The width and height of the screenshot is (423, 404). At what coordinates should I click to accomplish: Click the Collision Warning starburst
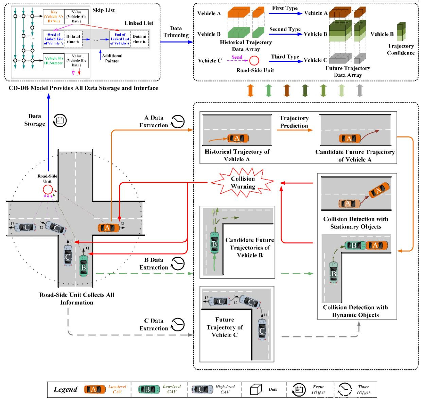tap(243, 183)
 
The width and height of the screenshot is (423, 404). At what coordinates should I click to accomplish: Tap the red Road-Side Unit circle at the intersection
tap(48, 189)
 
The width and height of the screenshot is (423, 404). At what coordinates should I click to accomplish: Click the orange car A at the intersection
tap(108, 228)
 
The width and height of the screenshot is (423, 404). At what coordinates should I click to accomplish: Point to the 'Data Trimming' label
tap(176, 32)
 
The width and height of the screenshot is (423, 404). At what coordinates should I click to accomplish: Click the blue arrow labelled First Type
tap(285, 14)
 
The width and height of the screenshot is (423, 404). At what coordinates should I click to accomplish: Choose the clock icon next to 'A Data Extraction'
tap(178, 121)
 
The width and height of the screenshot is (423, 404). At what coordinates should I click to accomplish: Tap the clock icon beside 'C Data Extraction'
tap(178, 325)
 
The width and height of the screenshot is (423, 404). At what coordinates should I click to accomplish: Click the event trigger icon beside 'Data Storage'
tap(60, 120)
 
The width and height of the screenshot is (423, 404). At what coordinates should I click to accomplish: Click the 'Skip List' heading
tap(104, 10)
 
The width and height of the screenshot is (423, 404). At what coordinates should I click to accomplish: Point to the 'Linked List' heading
tap(139, 23)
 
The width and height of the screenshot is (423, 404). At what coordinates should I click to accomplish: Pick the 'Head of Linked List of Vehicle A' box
tap(54, 39)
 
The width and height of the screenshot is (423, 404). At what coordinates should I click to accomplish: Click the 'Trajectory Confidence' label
tap(401, 49)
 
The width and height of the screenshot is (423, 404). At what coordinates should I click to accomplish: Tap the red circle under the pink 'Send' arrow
tap(254, 61)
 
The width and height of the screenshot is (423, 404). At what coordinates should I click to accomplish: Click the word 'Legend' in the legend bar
tap(66, 389)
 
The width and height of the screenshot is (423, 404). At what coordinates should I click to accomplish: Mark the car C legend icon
tap(202, 389)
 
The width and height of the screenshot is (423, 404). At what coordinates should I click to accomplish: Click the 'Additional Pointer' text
tap(112, 58)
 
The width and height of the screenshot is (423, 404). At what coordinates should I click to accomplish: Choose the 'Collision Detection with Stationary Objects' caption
tap(356, 223)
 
